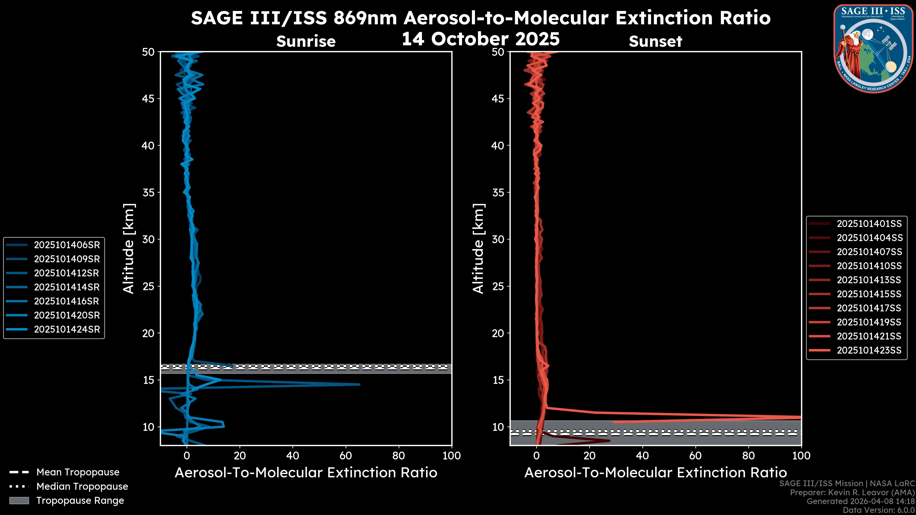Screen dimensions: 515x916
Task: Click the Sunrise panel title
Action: pyautogui.click(x=306, y=41)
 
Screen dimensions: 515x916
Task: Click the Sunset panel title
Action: pyautogui.click(x=655, y=41)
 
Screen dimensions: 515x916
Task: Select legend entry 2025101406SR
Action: pyautogui.click(x=67, y=245)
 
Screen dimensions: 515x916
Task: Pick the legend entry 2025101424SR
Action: pyautogui.click(x=67, y=330)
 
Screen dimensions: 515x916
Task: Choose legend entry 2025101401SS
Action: pyautogui.click(x=869, y=224)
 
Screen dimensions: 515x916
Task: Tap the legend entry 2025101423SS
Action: pyautogui.click(x=869, y=350)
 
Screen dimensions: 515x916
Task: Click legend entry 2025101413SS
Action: pyautogui.click(x=869, y=280)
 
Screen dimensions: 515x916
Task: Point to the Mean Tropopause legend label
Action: pyautogui.click(x=78, y=472)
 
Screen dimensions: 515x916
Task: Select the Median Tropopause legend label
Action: pyautogui.click(x=82, y=487)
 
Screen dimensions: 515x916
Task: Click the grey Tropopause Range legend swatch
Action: pyautogui.click(x=19, y=500)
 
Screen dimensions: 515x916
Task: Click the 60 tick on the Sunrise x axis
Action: pyautogui.click(x=345, y=456)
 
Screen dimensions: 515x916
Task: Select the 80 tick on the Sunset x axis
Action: pyautogui.click(x=748, y=456)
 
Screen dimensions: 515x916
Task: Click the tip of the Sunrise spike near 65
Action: pyautogui.click(x=359, y=384)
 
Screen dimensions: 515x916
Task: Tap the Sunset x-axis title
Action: pyautogui.click(x=655, y=473)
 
